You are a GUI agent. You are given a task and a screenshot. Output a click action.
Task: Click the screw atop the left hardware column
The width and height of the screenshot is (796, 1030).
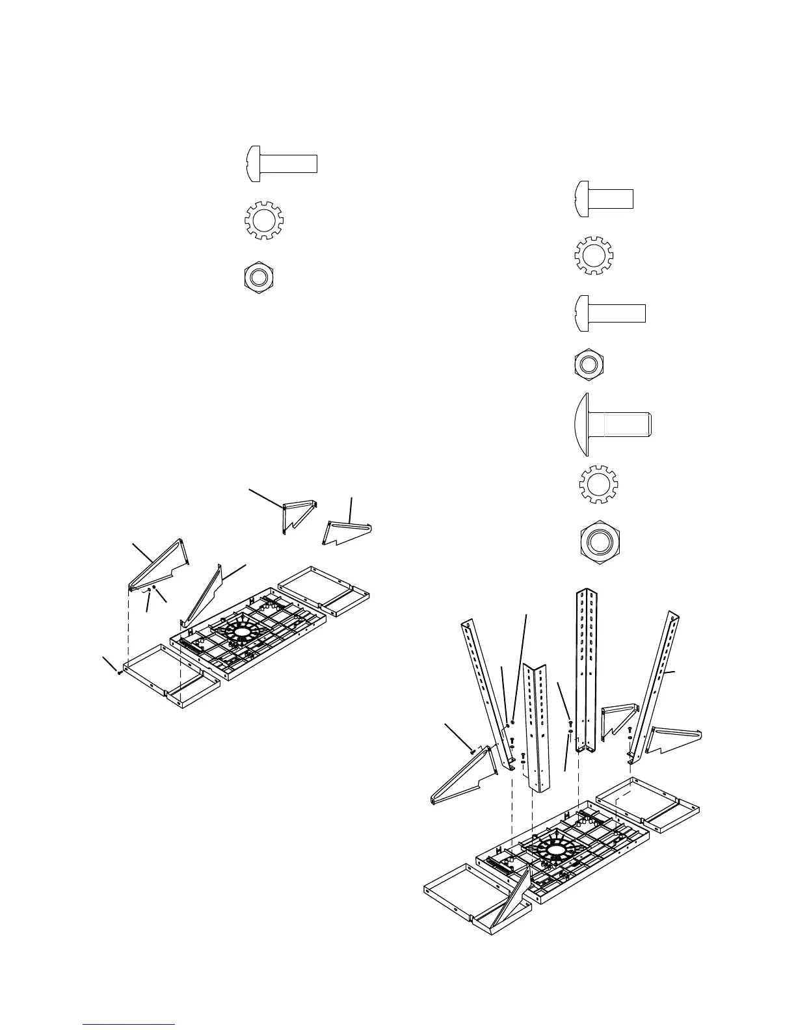click(280, 159)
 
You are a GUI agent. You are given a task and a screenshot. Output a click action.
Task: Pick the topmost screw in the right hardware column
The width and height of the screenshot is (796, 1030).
click(604, 199)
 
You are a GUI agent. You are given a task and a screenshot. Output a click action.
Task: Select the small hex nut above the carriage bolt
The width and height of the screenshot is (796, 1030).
click(590, 363)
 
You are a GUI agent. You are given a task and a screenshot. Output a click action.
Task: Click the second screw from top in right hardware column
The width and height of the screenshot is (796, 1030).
click(610, 309)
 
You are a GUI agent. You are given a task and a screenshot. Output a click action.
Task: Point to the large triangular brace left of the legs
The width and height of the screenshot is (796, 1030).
click(465, 777)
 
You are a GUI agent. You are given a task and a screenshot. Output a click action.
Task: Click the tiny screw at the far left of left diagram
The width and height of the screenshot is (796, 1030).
click(120, 673)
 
